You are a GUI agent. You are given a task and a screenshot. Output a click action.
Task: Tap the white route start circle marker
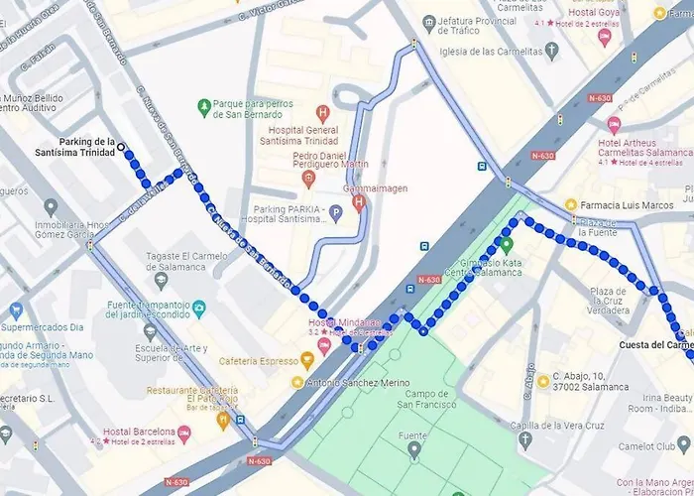coord(121,147)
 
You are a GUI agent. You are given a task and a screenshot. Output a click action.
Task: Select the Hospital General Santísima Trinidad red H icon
coord(322,113)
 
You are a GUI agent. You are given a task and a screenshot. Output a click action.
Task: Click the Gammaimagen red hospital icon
coord(359,202)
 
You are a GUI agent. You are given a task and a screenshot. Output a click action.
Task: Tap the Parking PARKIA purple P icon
coord(335,211)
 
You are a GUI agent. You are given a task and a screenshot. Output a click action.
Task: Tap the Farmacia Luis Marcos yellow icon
coord(571,204)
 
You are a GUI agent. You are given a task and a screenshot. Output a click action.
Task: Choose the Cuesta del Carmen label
coord(654,345)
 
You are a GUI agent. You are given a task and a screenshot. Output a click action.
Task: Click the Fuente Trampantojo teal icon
coord(198,309)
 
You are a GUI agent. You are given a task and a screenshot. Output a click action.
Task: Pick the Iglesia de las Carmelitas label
coord(494,53)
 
